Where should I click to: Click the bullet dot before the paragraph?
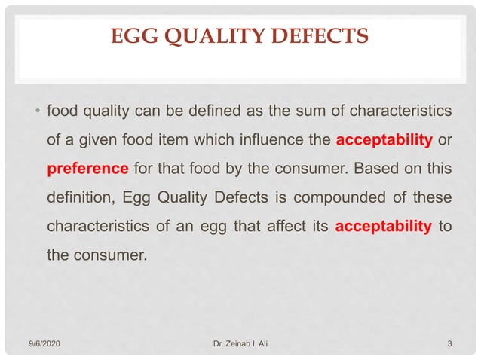pos(37,113)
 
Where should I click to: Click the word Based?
pos(372,168)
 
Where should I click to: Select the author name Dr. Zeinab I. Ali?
pos(243,345)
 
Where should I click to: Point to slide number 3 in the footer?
pos(449,345)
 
